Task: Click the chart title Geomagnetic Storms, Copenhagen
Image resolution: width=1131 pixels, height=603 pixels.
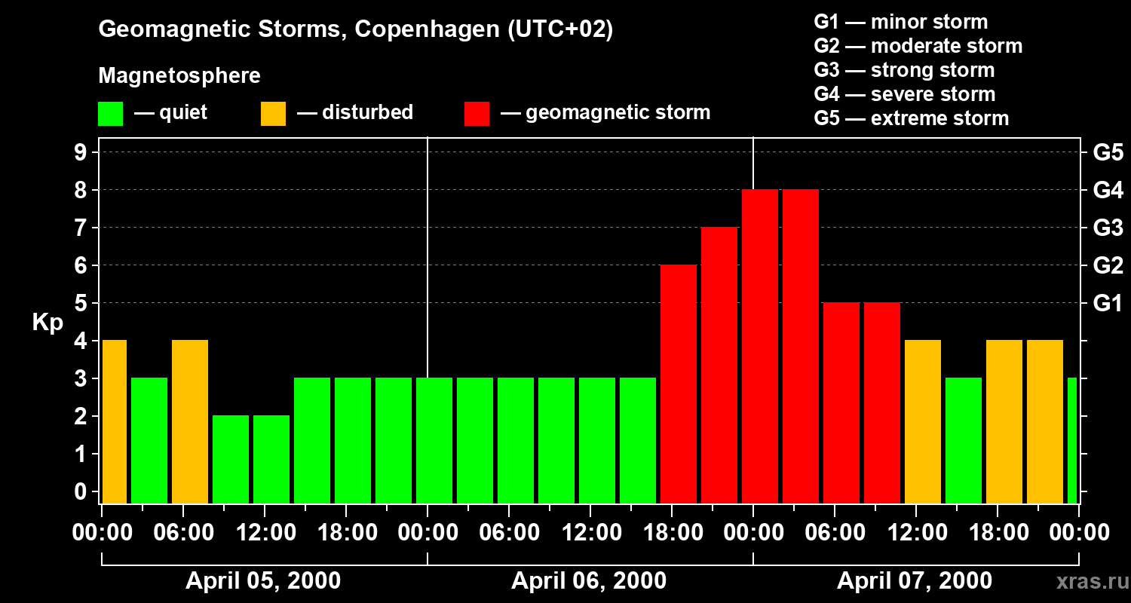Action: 355,29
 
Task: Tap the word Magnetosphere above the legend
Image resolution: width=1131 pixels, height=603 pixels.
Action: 179,76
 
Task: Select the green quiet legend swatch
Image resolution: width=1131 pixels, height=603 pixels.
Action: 110,114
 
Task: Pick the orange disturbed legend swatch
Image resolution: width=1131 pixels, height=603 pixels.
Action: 273,114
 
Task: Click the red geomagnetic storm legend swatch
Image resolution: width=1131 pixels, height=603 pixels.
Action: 477,114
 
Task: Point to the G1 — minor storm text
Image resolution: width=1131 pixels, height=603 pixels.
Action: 900,22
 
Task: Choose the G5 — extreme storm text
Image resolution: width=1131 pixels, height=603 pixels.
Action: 911,118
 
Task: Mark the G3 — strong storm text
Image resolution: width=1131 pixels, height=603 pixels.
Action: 904,70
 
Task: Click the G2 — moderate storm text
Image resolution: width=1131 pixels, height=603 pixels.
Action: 918,46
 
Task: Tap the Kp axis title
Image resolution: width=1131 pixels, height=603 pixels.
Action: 48,323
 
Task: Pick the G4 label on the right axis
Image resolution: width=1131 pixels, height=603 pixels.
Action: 1108,191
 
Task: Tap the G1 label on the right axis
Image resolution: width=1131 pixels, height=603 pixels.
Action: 1108,304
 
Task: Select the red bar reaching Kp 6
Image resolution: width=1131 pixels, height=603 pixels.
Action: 679,384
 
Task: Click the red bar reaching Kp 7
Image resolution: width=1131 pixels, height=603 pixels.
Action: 719,366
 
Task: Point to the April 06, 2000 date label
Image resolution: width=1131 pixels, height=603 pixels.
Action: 589,581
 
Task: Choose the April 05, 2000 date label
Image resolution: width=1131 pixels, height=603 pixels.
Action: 263,581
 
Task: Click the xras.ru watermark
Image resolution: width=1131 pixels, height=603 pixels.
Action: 1089,582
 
